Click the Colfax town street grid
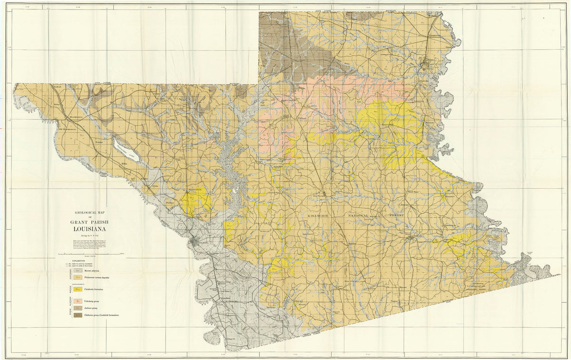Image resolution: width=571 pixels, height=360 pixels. click(x=195, y=243)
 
